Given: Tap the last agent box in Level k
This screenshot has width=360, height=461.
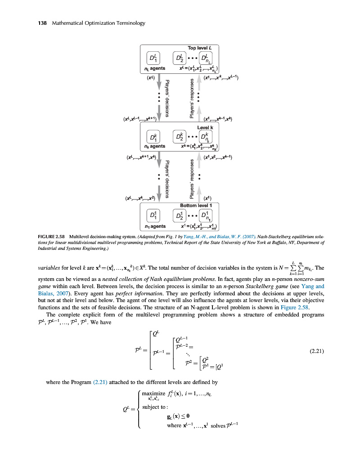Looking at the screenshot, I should [x=205, y=136].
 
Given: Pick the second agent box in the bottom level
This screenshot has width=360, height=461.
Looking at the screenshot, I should [x=180, y=213].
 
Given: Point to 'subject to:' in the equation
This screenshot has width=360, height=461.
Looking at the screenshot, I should [x=154, y=407].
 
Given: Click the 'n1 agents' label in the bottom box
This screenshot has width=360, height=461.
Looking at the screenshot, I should [x=155, y=226].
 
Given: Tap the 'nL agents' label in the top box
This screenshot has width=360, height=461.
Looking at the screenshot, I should [x=155, y=68].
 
